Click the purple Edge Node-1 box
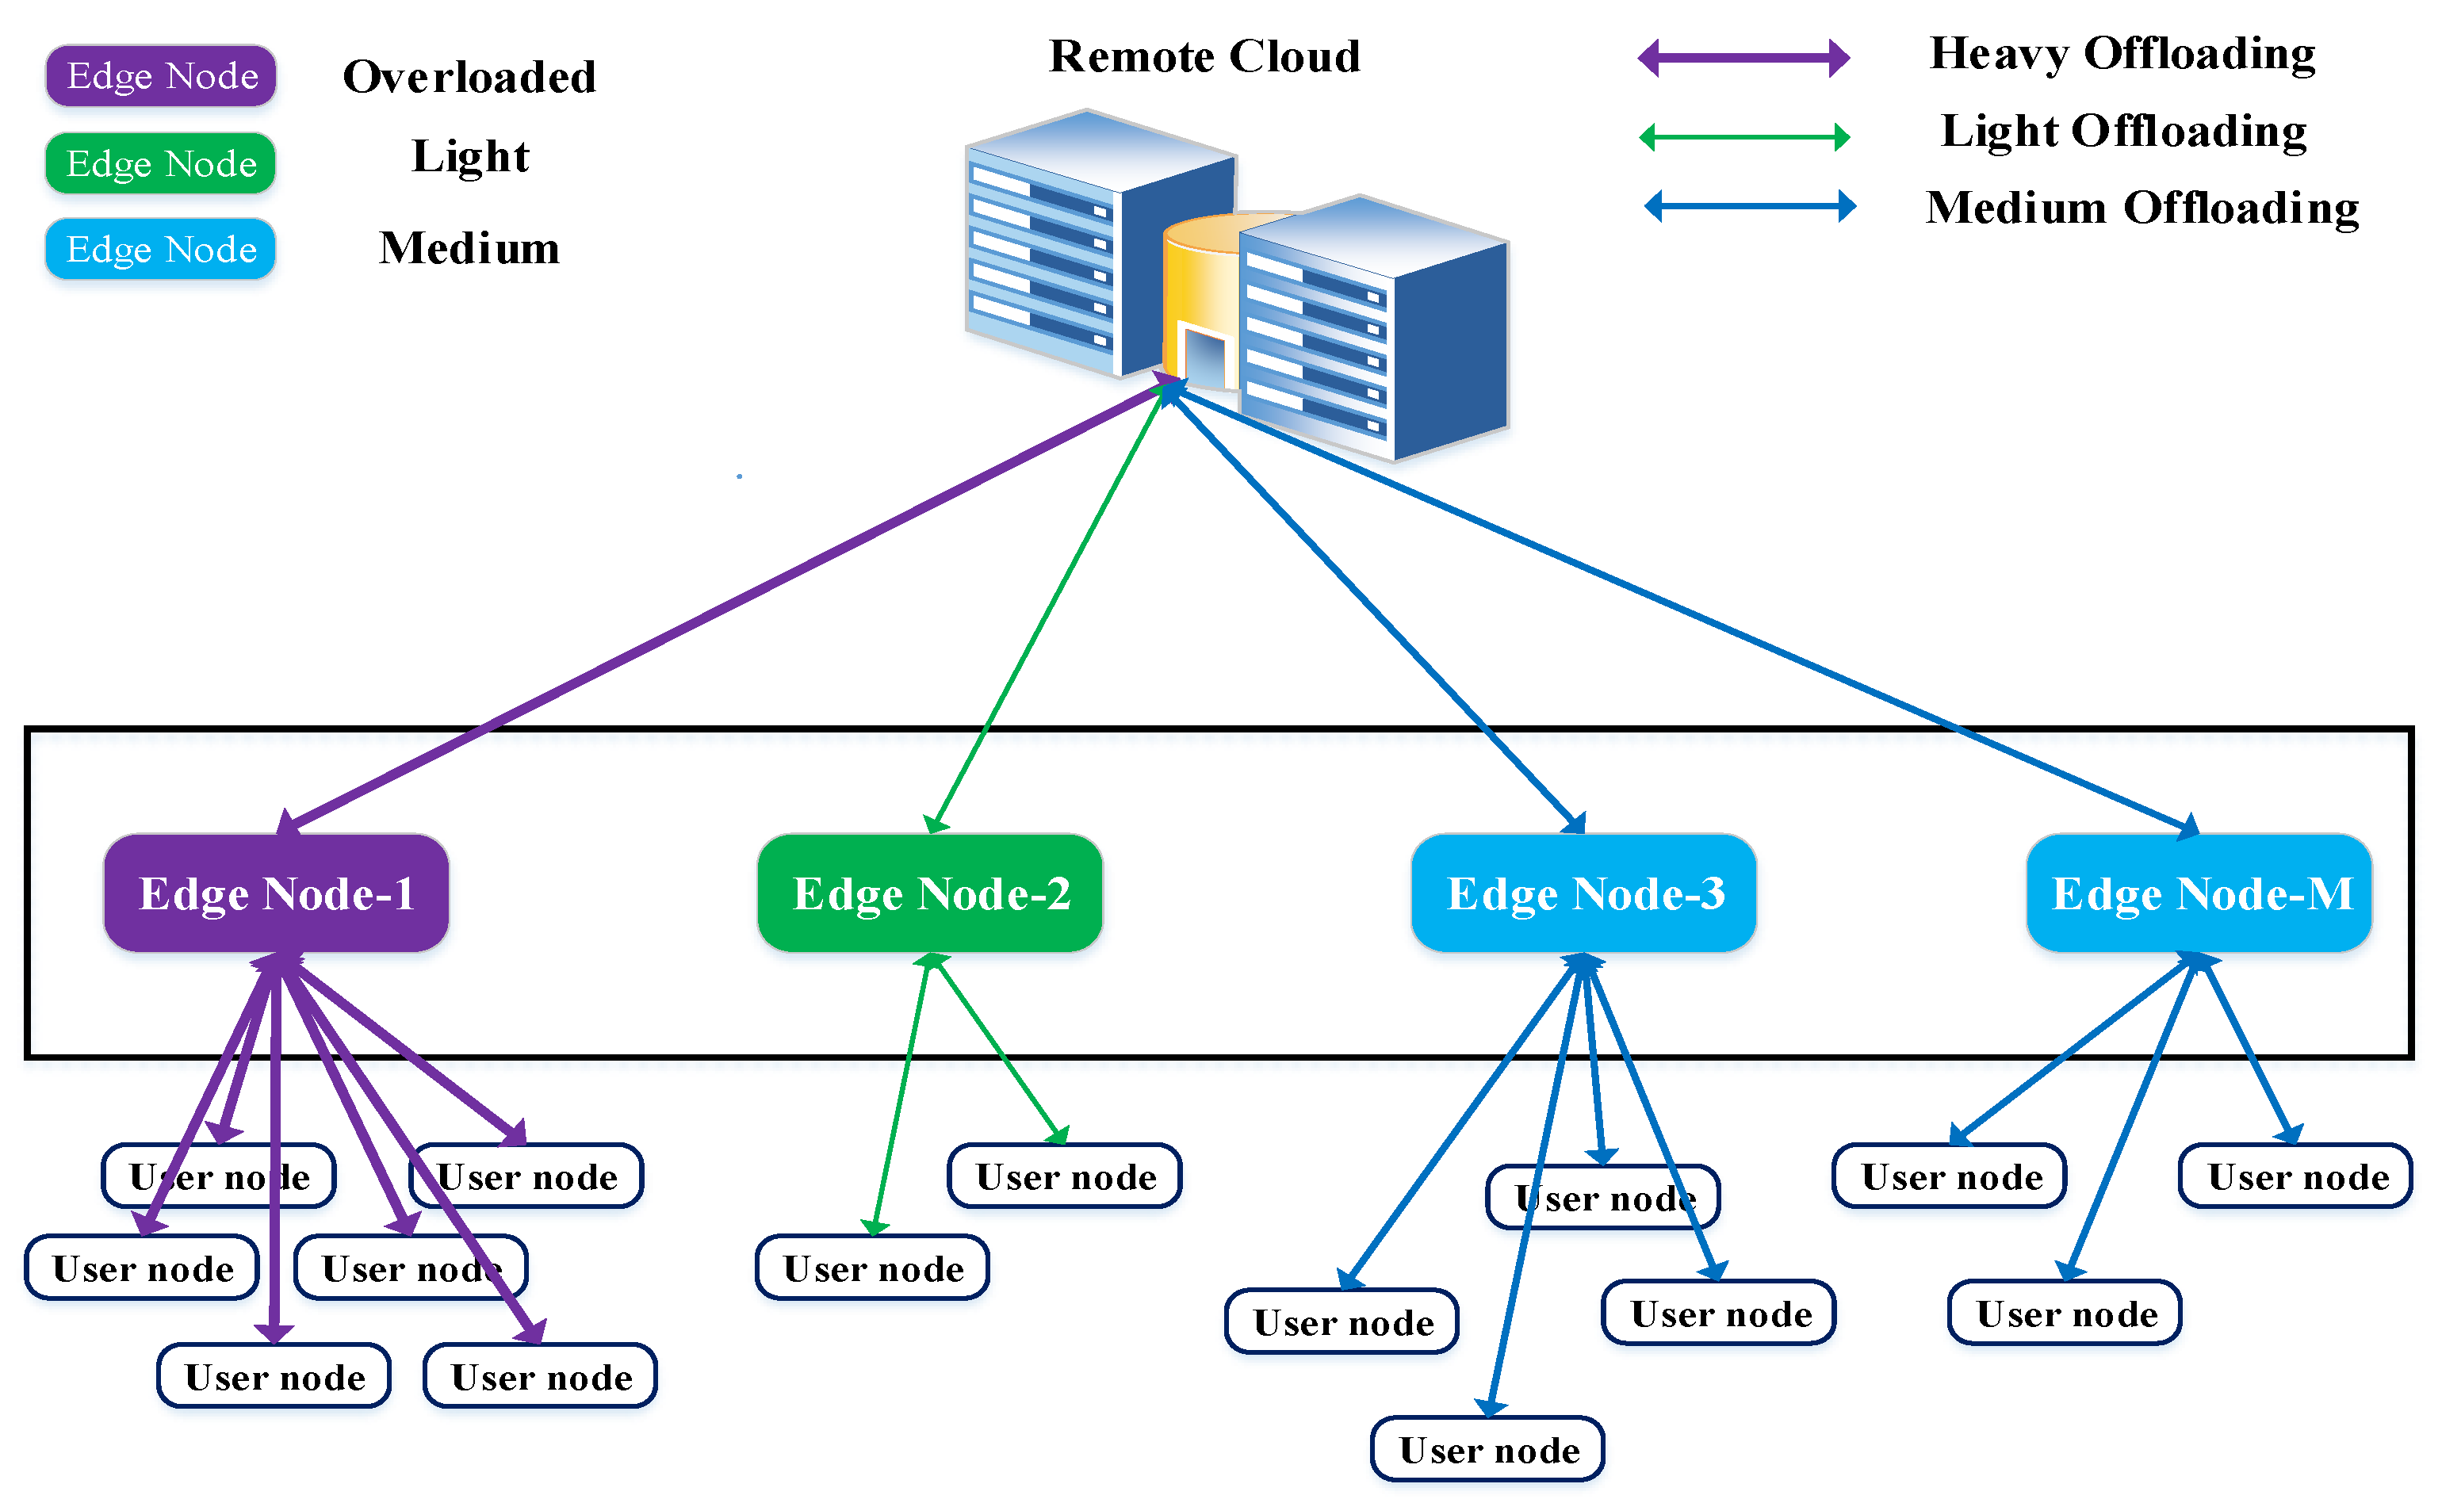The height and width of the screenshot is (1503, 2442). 276,893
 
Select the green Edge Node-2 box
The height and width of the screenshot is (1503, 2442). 930,893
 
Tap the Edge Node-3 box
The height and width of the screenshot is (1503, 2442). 1584,893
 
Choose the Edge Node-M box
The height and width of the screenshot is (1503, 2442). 2199,893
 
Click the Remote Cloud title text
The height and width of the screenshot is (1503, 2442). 1204,55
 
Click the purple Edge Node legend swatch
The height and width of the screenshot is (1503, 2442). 161,75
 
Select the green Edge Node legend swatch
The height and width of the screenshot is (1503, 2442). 161,163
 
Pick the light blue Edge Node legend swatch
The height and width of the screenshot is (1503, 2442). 161,248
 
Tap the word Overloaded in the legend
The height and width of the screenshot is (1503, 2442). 469,78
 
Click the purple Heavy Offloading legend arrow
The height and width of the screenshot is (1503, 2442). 1744,58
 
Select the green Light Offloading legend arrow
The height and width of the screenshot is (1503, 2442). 1744,136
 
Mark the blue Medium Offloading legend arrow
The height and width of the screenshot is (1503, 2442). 1749,206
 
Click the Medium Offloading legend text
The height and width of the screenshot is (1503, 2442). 2142,208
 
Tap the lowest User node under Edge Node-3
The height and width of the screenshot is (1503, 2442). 1488,1449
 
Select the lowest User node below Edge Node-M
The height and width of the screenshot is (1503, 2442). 2065,1313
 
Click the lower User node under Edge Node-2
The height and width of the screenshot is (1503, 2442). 873,1268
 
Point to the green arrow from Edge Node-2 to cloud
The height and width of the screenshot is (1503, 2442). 1050,606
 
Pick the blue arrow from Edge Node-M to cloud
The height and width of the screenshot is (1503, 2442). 1690,610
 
